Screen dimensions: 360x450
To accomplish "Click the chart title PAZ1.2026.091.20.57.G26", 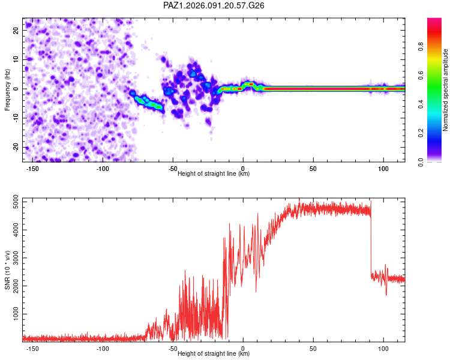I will point(214,5).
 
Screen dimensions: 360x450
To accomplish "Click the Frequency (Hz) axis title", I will point(7,89).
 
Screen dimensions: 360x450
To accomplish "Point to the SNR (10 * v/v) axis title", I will point(7,269).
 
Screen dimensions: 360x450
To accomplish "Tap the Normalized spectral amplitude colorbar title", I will point(446,90).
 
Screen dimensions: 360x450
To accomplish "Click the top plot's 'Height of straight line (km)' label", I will point(214,174).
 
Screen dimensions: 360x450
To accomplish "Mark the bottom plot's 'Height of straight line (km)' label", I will point(214,354).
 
